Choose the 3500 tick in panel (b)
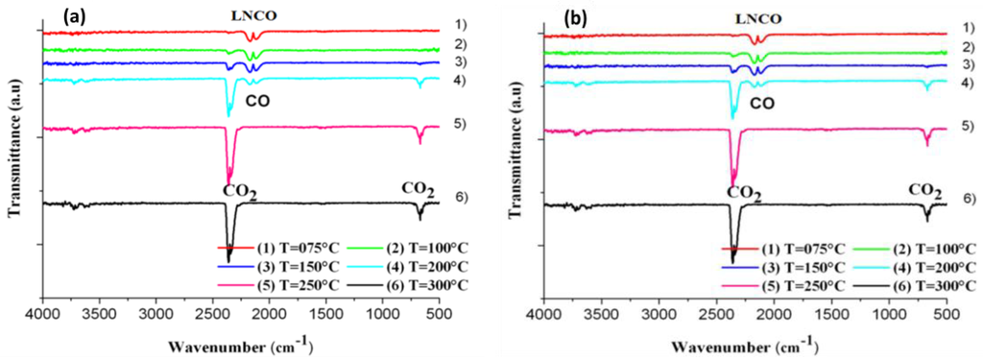[602, 289]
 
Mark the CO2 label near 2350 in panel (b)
[744, 193]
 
